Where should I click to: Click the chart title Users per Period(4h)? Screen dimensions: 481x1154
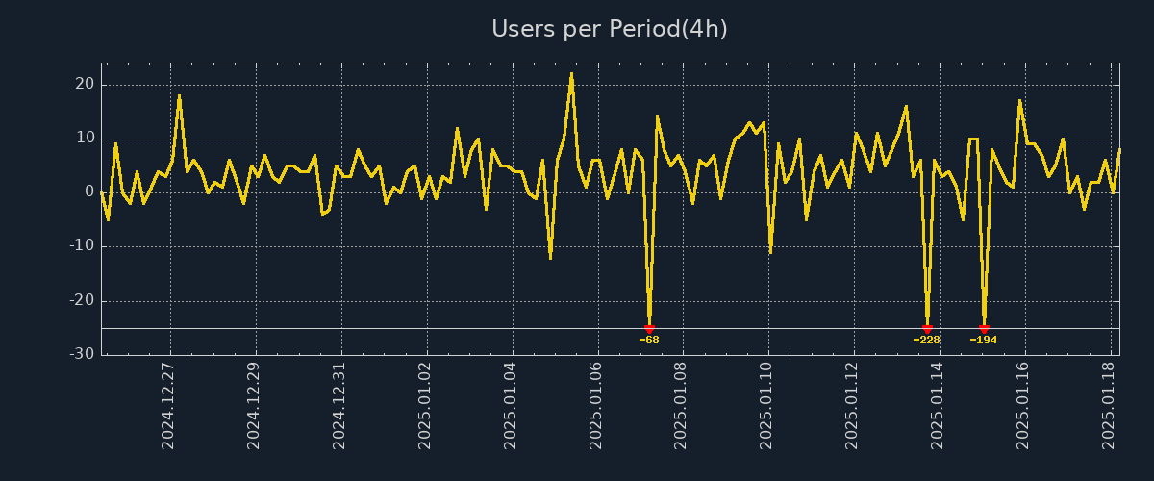610,29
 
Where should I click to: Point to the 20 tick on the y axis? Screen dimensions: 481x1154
84,85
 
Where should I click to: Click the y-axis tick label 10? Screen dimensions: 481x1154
84,139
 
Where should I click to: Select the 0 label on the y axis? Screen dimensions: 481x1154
88,192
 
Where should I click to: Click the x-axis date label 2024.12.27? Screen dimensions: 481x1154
168,406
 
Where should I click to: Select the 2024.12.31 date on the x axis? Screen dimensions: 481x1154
339,406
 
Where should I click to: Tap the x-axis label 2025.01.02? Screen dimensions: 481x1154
425,406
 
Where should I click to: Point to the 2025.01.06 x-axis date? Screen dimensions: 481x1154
596,406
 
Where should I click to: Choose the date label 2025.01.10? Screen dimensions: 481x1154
767,406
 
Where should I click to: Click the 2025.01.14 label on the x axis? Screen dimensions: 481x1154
938,406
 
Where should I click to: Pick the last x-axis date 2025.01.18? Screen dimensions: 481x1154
1109,406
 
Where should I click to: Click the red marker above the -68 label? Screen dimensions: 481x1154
649,329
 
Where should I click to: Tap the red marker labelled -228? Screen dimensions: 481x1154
927,329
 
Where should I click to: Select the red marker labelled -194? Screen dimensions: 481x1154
984,329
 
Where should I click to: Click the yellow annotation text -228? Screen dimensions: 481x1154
927,340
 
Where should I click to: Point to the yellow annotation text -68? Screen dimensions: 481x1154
649,340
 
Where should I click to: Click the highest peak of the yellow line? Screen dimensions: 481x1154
571,73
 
